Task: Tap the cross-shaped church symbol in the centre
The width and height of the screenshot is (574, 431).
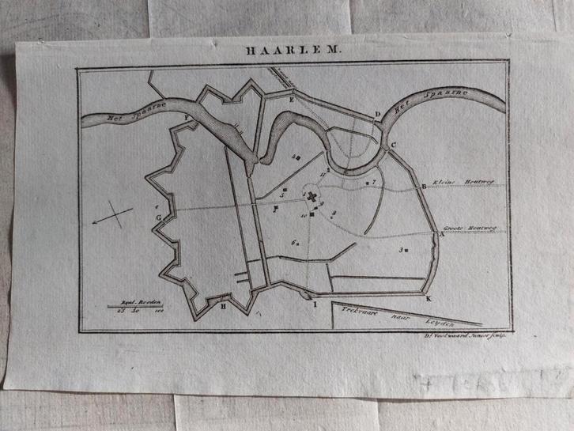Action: (x=312, y=197)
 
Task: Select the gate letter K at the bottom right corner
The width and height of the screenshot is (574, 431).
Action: (x=429, y=299)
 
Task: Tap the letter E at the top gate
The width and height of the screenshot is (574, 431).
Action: (x=292, y=100)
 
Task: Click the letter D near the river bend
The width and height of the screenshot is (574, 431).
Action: (x=378, y=115)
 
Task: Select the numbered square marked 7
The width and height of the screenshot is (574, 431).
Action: (x=369, y=182)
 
